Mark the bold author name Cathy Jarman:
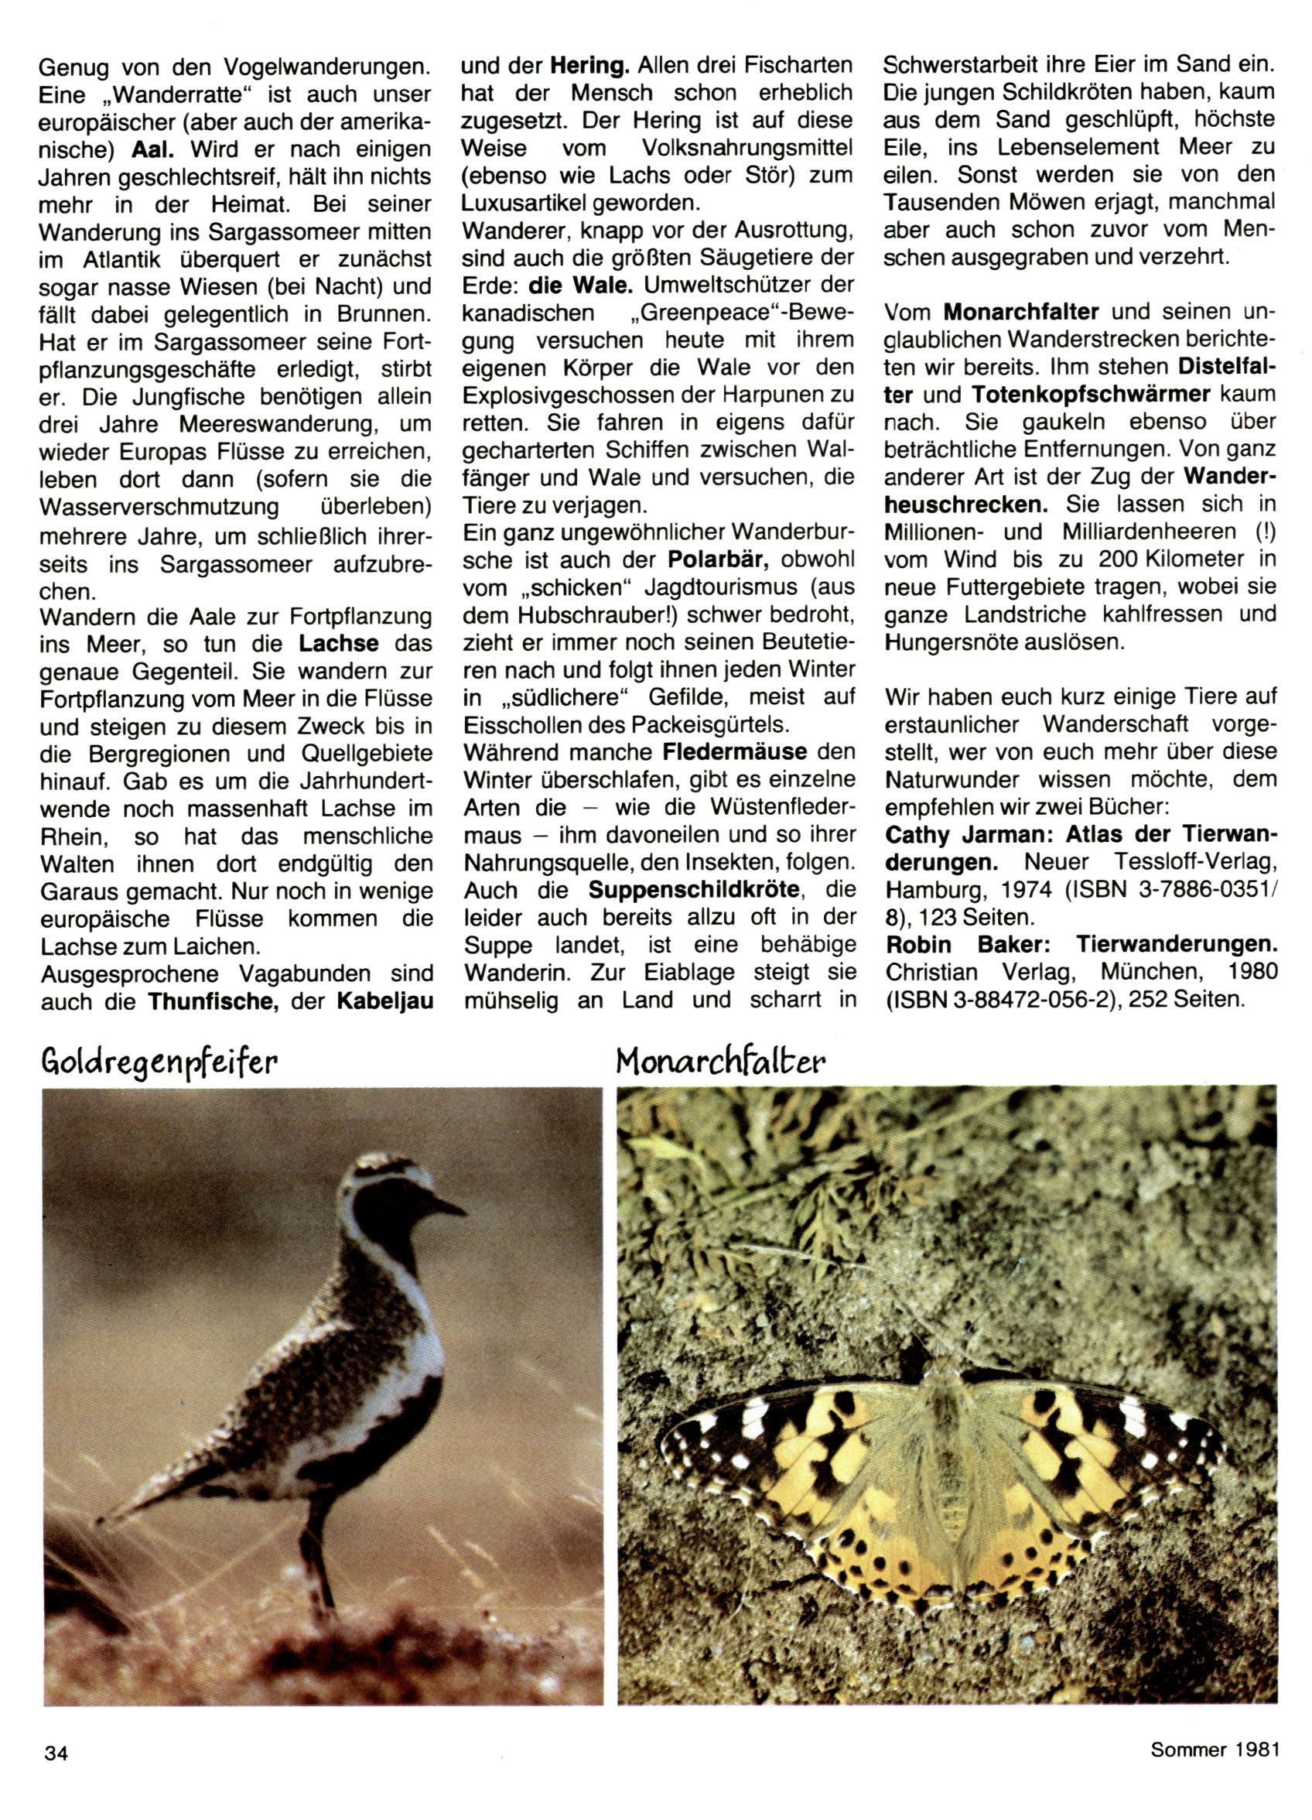click(970, 836)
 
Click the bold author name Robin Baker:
click(960, 945)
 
